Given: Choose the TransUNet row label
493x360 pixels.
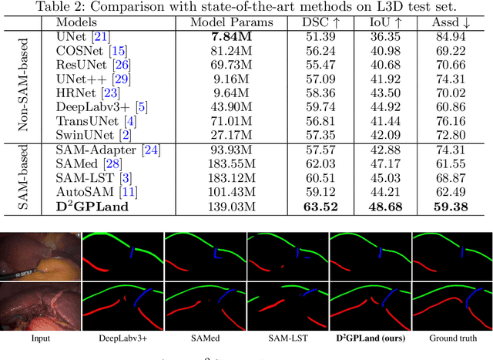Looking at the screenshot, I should tap(86, 120).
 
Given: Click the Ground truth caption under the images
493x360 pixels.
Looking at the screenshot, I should tap(451, 338).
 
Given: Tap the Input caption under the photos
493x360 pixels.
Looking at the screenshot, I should tap(41, 338).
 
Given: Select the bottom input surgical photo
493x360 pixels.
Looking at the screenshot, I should tap(41, 304).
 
